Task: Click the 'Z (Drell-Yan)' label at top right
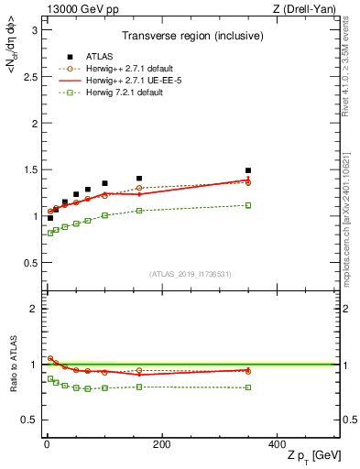[x=308, y=8]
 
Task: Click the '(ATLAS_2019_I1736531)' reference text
[x=190, y=273]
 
